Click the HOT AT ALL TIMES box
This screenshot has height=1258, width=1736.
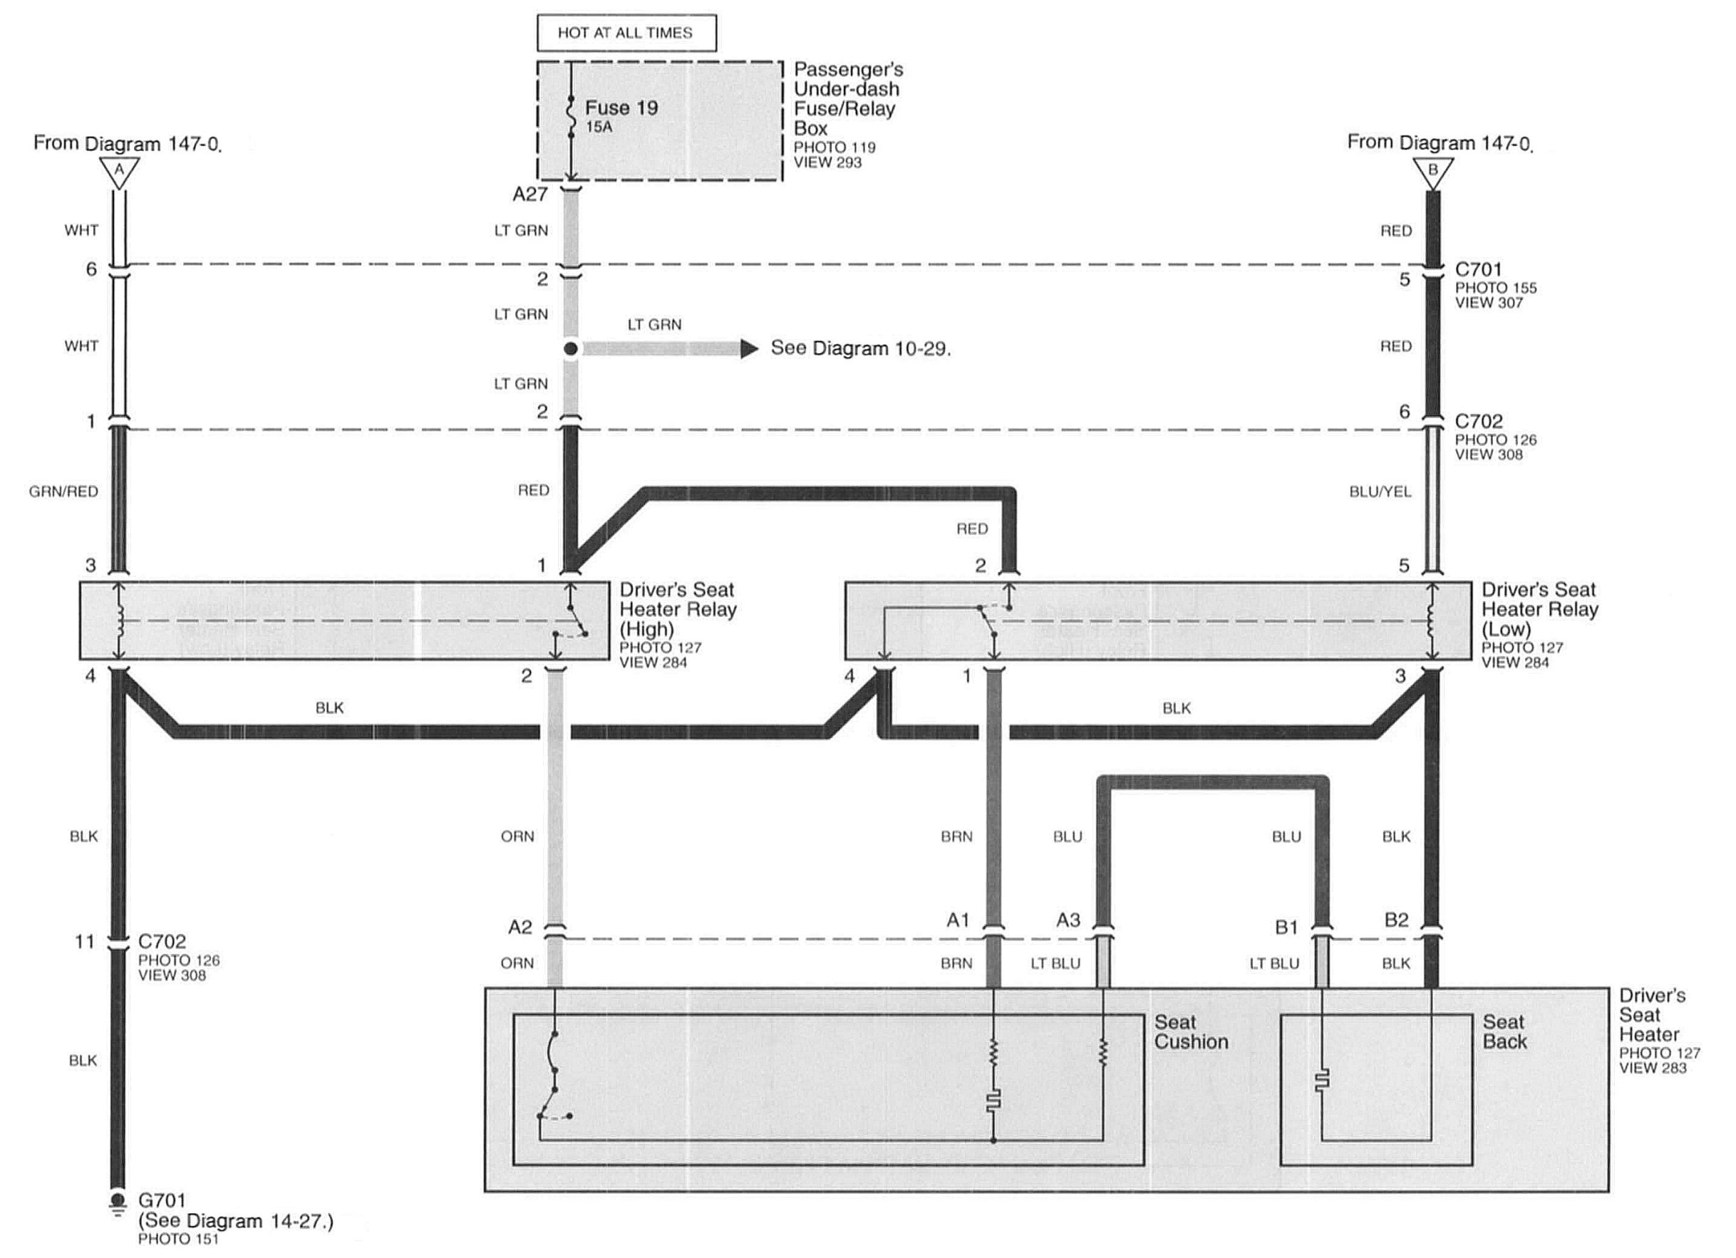coord(626,33)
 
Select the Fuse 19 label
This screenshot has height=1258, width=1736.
coord(621,108)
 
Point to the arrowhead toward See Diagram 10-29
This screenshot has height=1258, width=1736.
coord(748,349)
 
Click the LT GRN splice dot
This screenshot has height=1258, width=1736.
coord(570,349)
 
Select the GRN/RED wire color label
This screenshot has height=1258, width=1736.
coord(63,492)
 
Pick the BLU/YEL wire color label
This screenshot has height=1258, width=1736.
coord(1380,492)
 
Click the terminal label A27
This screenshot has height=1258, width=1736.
coord(529,194)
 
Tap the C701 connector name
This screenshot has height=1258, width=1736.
coord(1478,269)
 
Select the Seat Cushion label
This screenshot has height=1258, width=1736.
coord(1191,1031)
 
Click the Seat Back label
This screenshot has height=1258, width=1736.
coord(1504,1031)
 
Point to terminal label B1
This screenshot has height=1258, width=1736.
coord(1287,927)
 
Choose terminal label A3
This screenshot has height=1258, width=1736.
coord(1068,920)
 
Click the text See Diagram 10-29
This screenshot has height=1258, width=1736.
coord(860,348)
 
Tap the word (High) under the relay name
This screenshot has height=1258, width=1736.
coord(647,629)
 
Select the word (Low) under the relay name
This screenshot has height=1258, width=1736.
coord(1507,629)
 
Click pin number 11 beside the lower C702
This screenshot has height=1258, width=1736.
coord(84,941)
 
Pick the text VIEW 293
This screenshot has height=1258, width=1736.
coord(827,162)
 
